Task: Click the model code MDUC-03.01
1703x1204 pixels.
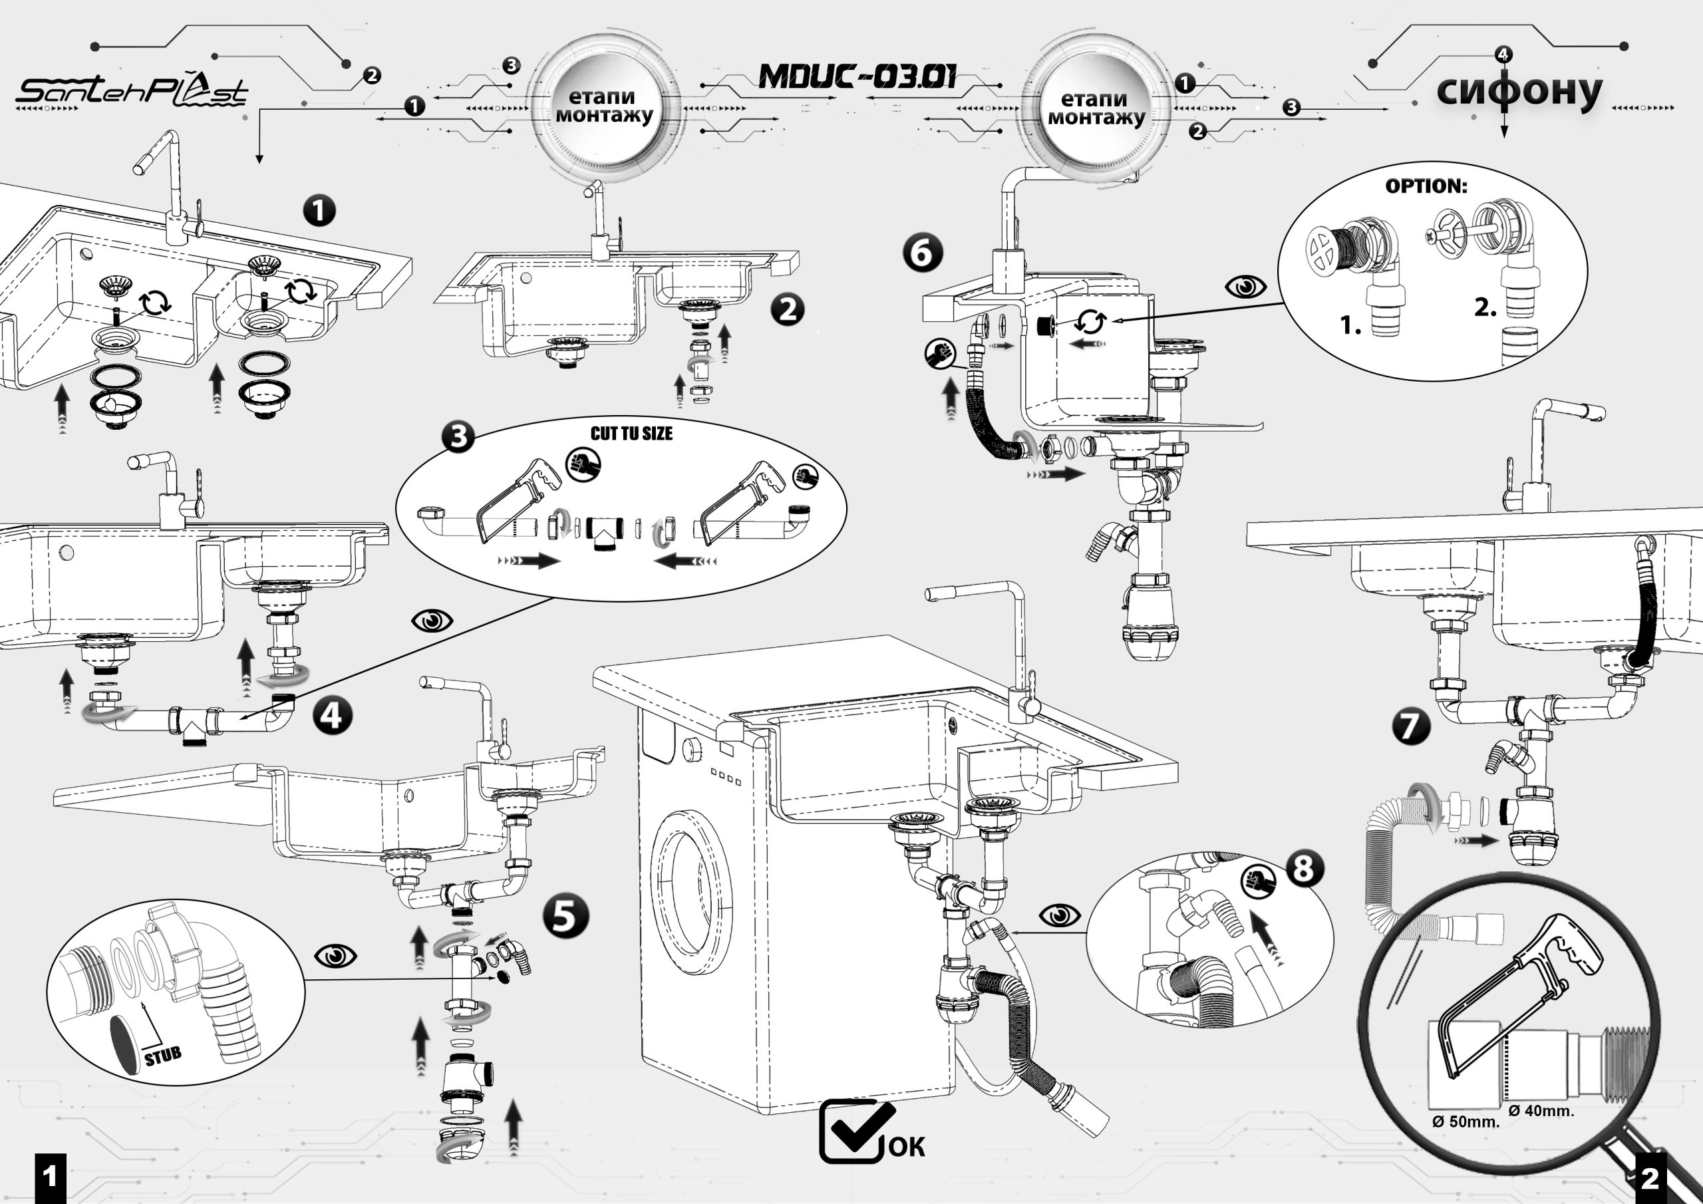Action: [x=857, y=76]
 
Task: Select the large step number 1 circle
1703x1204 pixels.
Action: [x=319, y=211]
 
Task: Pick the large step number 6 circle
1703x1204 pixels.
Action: [x=922, y=253]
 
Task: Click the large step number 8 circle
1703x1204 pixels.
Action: [x=1303, y=869]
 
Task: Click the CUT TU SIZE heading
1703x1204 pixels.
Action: [x=631, y=434]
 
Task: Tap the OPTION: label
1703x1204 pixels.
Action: [x=1426, y=186]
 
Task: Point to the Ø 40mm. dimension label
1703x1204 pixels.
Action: [x=1541, y=1110]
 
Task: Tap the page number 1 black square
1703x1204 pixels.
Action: [x=50, y=1177]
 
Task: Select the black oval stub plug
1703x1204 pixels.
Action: [x=125, y=1046]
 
